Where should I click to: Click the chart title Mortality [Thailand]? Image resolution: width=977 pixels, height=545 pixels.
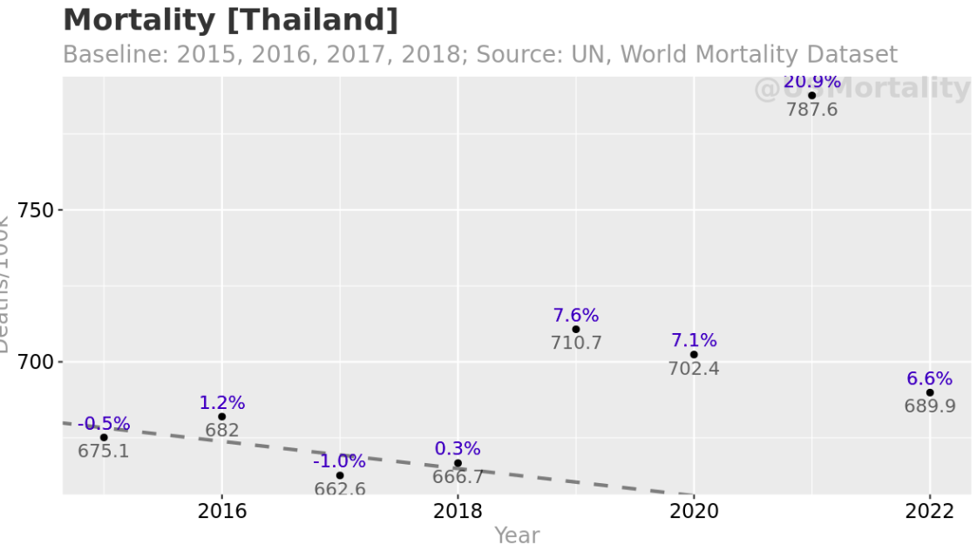(x=230, y=19)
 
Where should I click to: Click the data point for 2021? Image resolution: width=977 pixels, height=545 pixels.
(x=811, y=96)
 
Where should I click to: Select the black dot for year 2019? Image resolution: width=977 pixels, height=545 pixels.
(x=575, y=330)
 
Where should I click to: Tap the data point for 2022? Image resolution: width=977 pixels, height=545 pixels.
(x=930, y=392)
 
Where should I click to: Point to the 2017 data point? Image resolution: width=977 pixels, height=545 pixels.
(x=340, y=475)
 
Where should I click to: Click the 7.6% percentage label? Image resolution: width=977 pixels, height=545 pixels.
(x=575, y=316)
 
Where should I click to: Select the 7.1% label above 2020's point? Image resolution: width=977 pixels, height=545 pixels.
(x=694, y=341)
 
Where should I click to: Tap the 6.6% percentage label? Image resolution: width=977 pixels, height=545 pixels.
(x=929, y=379)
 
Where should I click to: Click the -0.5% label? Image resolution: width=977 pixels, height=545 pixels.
(x=104, y=425)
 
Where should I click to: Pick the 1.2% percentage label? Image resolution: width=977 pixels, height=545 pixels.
(x=222, y=403)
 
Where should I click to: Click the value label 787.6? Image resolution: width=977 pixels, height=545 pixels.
(x=811, y=110)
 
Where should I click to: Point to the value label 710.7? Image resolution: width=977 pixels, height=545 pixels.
(x=575, y=344)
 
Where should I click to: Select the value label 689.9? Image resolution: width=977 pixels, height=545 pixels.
(x=929, y=406)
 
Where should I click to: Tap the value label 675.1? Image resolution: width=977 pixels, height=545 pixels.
(x=104, y=452)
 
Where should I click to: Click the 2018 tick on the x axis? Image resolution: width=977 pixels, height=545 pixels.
(x=458, y=511)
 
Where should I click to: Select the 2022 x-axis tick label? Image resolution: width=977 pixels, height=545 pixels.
(x=929, y=511)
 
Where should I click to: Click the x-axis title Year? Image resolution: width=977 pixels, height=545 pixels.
(x=517, y=535)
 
